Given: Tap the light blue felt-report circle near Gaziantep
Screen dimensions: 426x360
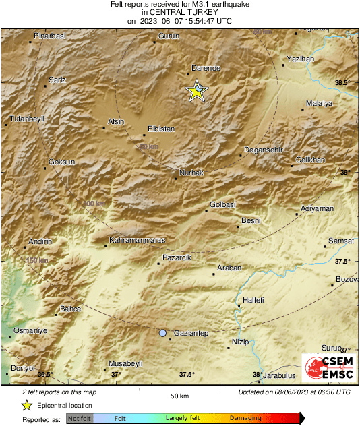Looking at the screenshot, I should tap(162, 333).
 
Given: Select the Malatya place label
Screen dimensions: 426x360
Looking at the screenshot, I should tap(320, 103).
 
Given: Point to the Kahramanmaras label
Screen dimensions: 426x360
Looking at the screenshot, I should tap(138, 240).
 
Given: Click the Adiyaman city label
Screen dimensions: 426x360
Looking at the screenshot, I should tap(318, 209).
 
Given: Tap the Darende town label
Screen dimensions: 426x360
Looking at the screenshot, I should tap(206, 69).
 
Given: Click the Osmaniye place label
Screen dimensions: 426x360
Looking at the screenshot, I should tap(32, 331).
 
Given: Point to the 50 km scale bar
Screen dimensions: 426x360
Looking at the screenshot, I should tap(179, 390).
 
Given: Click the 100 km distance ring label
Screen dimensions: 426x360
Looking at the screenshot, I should tap(94, 204).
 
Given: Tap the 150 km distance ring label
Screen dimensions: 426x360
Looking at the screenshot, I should tap(36, 260).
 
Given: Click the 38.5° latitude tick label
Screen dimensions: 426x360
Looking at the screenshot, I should tap(342, 82).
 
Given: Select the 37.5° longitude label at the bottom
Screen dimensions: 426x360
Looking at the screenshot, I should tap(187, 375).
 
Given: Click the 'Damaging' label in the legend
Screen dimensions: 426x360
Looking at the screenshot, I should tap(245, 418).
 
